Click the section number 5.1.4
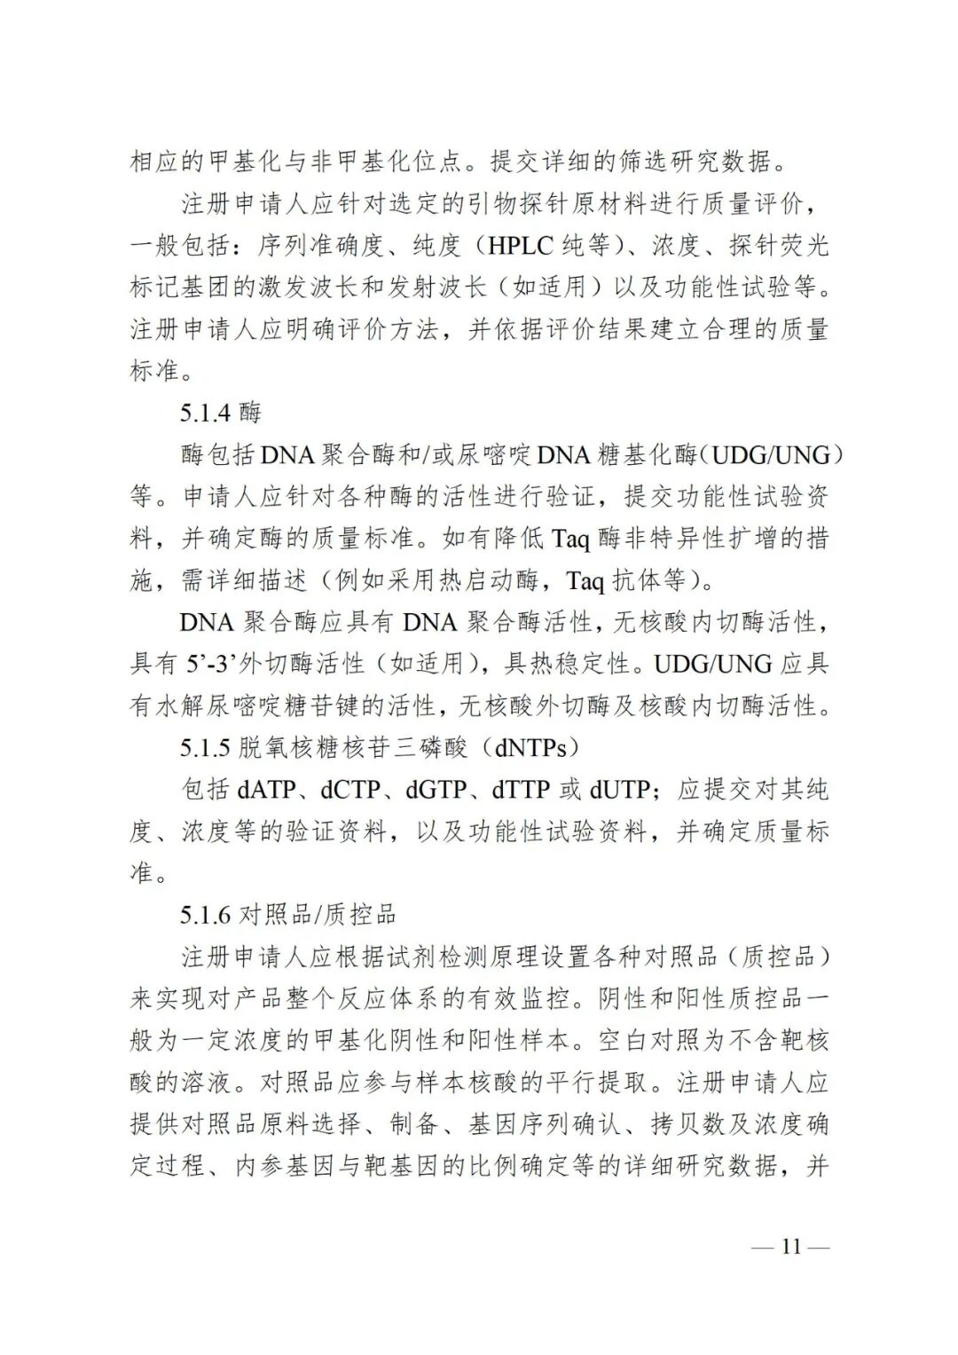click(x=206, y=413)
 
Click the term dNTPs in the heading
click(x=530, y=748)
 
